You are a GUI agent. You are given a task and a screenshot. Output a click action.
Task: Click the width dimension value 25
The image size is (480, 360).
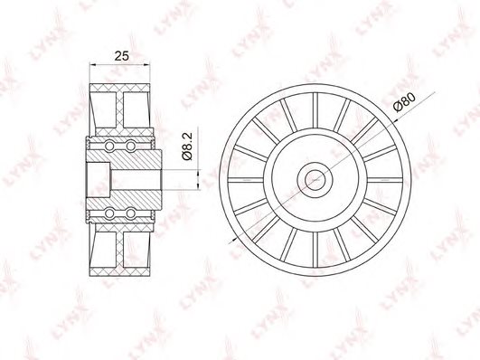click(x=122, y=56)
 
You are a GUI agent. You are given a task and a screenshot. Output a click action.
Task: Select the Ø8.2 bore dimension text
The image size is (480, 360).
click(x=187, y=146)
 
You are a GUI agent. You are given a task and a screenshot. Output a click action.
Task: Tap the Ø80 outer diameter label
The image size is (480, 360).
click(x=404, y=102)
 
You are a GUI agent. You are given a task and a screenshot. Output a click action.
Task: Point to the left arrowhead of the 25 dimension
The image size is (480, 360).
click(x=92, y=64)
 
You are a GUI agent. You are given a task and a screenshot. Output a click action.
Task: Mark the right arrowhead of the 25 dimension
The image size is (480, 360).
click(x=147, y=64)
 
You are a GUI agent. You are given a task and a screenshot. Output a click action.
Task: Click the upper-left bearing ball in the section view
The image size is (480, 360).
click(x=109, y=146)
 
